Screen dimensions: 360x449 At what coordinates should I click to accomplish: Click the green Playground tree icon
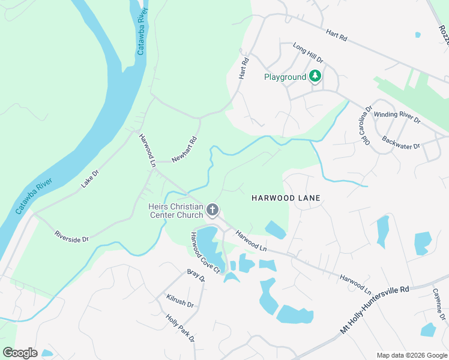(315, 77)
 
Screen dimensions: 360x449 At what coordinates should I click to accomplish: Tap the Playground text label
(285, 77)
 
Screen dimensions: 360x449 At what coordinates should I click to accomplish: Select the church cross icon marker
(212, 210)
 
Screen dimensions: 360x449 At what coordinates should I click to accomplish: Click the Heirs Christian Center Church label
(176, 211)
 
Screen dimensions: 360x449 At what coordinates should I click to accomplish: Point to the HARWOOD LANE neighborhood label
(286, 197)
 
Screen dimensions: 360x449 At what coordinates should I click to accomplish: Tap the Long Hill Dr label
(308, 53)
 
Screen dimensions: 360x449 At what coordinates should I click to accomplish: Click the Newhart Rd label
(184, 150)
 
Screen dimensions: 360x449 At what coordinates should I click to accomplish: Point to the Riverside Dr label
(71, 236)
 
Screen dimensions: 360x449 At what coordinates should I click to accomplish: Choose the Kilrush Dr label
(180, 301)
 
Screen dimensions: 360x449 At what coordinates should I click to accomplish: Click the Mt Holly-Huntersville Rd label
(375, 309)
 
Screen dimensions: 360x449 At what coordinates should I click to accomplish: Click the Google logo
(20, 352)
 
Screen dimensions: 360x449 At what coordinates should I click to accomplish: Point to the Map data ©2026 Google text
(412, 355)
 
